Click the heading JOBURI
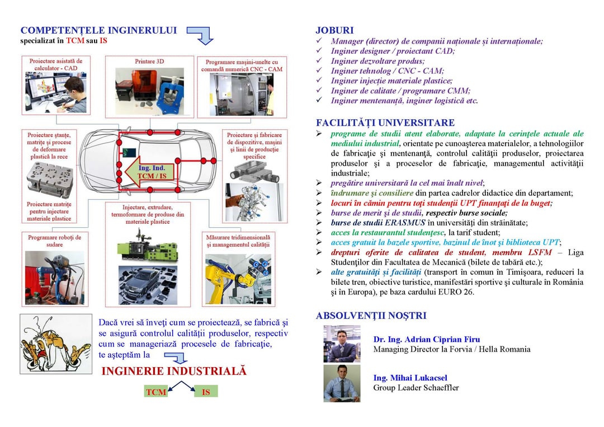334,30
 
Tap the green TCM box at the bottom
156,392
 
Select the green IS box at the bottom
206,392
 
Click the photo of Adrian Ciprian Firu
342,344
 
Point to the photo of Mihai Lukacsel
342,383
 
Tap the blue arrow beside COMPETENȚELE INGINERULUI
201,35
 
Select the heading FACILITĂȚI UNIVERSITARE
385,123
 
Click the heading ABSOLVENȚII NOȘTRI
371,316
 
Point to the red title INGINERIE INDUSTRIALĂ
174,372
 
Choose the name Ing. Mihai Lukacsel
410,378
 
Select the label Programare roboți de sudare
55,241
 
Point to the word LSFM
538,252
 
